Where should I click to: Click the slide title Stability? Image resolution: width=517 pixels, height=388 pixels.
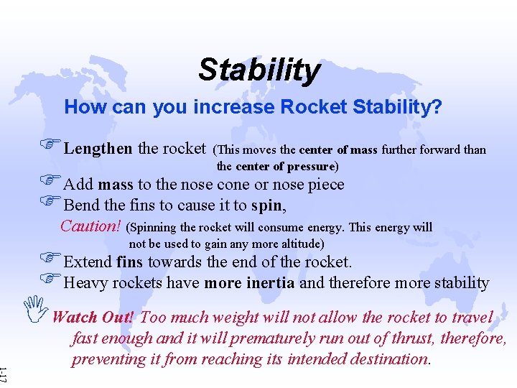click(x=258, y=70)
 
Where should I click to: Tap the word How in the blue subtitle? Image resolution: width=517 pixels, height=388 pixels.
click(x=81, y=108)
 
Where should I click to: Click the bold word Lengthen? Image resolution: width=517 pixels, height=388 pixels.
click(x=98, y=149)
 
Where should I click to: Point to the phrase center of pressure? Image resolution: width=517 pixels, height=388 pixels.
click(x=287, y=167)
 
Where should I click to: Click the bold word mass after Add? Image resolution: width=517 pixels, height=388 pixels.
click(x=116, y=185)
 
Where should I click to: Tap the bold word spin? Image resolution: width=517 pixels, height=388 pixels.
click(x=268, y=205)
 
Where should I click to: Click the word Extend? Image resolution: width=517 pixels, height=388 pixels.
click(x=88, y=262)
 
